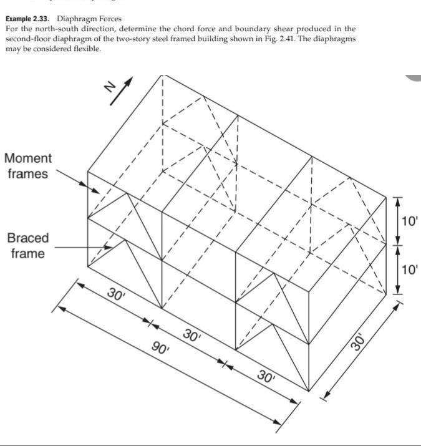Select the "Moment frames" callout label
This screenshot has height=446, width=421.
pos(28,166)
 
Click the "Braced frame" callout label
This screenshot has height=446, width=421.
pos(27,246)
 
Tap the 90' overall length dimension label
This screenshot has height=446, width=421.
pos(161,348)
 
